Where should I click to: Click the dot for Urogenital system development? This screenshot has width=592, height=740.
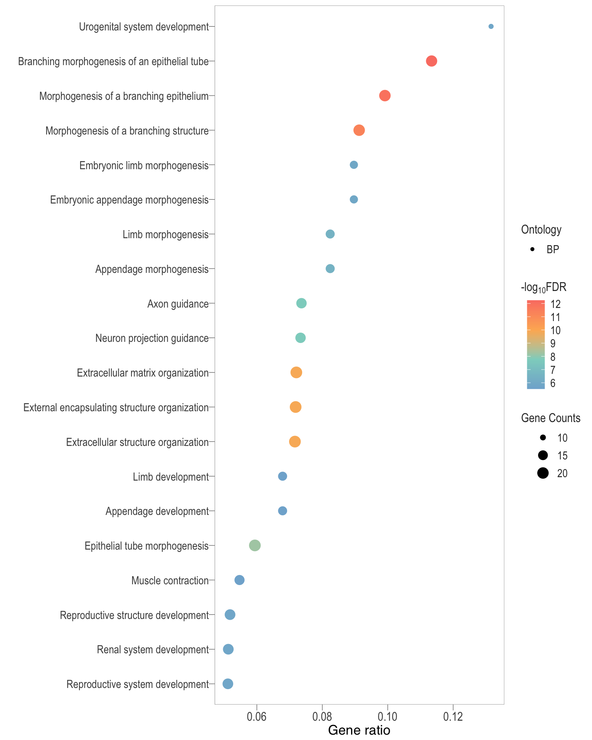[x=491, y=27]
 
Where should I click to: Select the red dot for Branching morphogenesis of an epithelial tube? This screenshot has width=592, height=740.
[x=431, y=61]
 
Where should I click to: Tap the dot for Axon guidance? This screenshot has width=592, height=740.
[x=301, y=303]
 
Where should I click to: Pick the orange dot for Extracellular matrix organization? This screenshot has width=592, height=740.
[x=296, y=373]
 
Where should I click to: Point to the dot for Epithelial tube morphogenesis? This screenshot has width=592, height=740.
[x=255, y=545]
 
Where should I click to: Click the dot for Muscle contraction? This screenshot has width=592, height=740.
[x=239, y=580]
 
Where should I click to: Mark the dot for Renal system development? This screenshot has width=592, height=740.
[x=228, y=649]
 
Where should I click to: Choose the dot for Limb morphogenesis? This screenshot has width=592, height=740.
[x=330, y=234]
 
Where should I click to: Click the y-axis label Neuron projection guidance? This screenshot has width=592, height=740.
[x=152, y=338]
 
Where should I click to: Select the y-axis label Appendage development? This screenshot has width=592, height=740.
[x=157, y=511]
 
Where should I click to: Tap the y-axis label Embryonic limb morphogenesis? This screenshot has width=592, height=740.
[x=144, y=166]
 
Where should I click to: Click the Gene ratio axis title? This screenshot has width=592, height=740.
[x=359, y=730]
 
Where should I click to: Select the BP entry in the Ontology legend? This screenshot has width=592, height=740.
[x=552, y=249]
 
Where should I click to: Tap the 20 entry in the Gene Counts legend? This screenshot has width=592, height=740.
[x=562, y=473]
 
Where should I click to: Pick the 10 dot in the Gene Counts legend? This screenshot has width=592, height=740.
[x=543, y=437]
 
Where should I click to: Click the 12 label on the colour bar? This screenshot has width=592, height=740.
[x=555, y=304]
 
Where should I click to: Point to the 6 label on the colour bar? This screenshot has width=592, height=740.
[x=553, y=383]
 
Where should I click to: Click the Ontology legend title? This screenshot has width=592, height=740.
[x=541, y=230]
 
